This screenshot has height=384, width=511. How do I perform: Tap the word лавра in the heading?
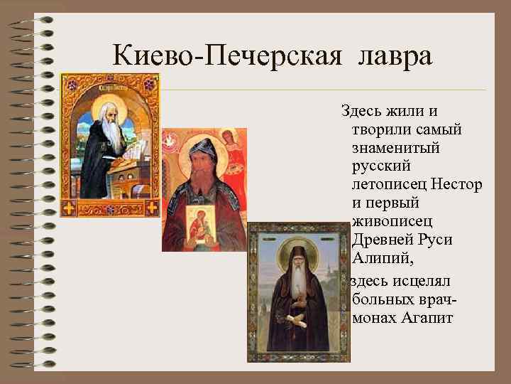pyautogui.click(x=396, y=56)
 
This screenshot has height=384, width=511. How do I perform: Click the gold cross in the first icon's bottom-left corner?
pyautogui.click(x=69, y=208)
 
